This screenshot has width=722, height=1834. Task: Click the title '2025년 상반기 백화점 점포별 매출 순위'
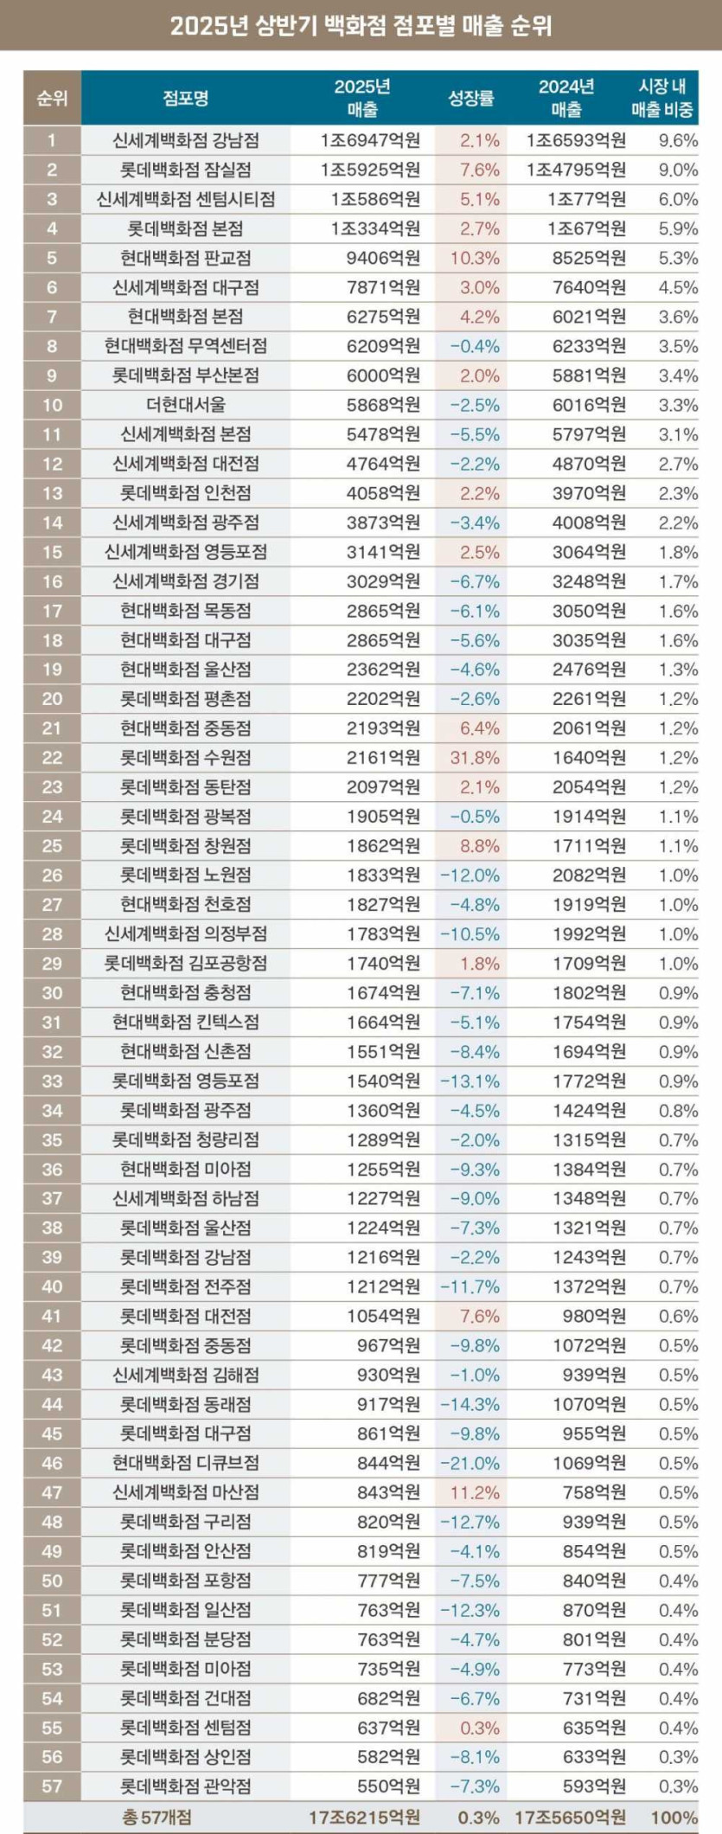(361, 26)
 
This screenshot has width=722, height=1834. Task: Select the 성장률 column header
(470, 98)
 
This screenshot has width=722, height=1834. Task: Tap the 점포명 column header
(186, 98)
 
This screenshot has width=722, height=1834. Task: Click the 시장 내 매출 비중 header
(662, 98)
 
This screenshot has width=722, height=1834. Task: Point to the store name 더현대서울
(186, 405)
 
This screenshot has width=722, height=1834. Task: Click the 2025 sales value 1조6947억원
(370, 140)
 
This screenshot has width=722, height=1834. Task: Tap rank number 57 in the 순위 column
(52, 1786)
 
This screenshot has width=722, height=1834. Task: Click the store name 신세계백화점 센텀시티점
(186, 199)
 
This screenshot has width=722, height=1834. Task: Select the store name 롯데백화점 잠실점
(186, 170)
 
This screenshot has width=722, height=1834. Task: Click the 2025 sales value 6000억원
(383, 375)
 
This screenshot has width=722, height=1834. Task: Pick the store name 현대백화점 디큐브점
(186, 1463)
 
